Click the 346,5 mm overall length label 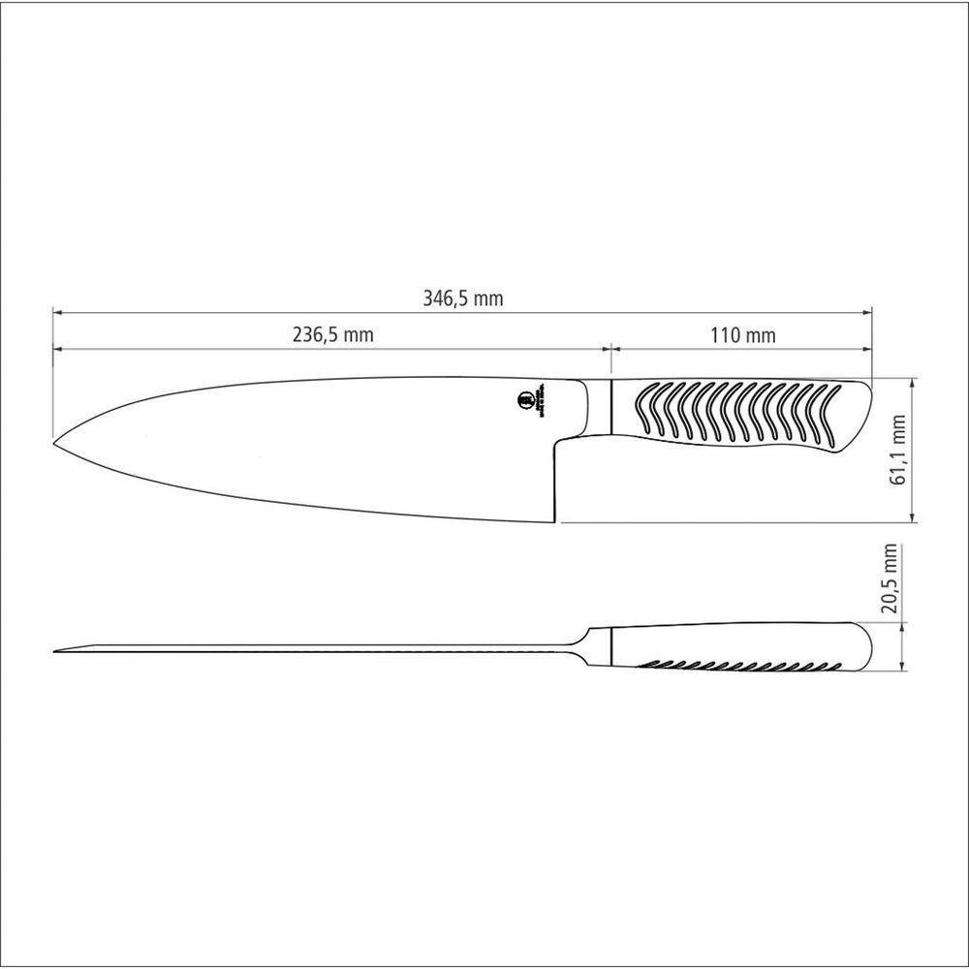pos(462,298)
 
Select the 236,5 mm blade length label pos(332,335)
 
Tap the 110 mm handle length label pos(742,335)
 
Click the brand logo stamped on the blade pos(524,400)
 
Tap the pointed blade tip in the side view pos(55,443)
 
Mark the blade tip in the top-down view pos(56,649)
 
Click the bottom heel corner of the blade pos(555,521)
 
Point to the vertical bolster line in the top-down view pos(611,645)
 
